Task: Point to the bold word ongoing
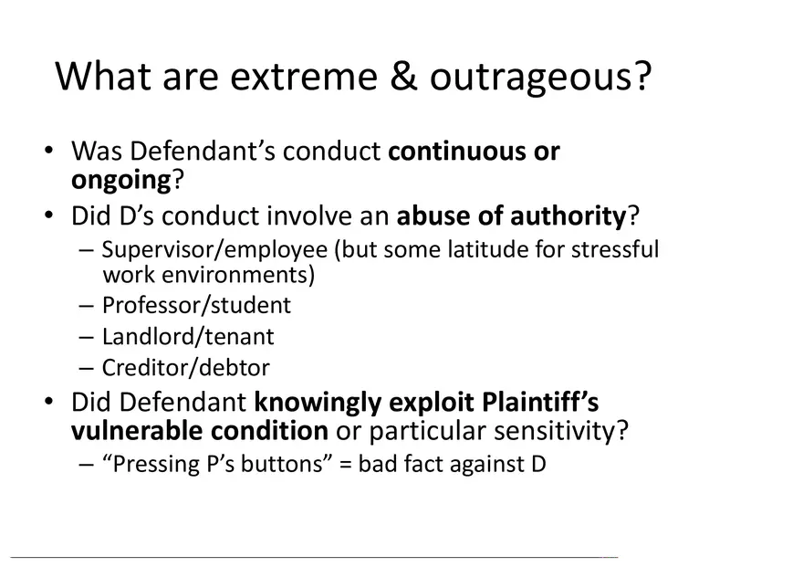click(x=121, y=179)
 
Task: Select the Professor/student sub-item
click(x=196, y=304)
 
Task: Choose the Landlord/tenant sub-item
click(x=188, y=336)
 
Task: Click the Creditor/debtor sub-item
click(x=186, y=367)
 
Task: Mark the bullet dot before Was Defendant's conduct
click(x=50, y=152)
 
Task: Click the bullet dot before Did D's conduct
click(x=50, y=217)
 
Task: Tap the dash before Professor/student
click(x=86, y=305)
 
